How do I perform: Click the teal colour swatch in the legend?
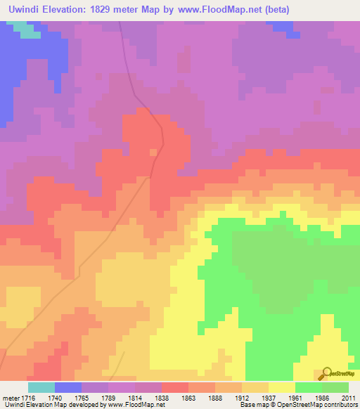(41, 387)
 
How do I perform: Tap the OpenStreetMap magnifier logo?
(326, 373)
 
